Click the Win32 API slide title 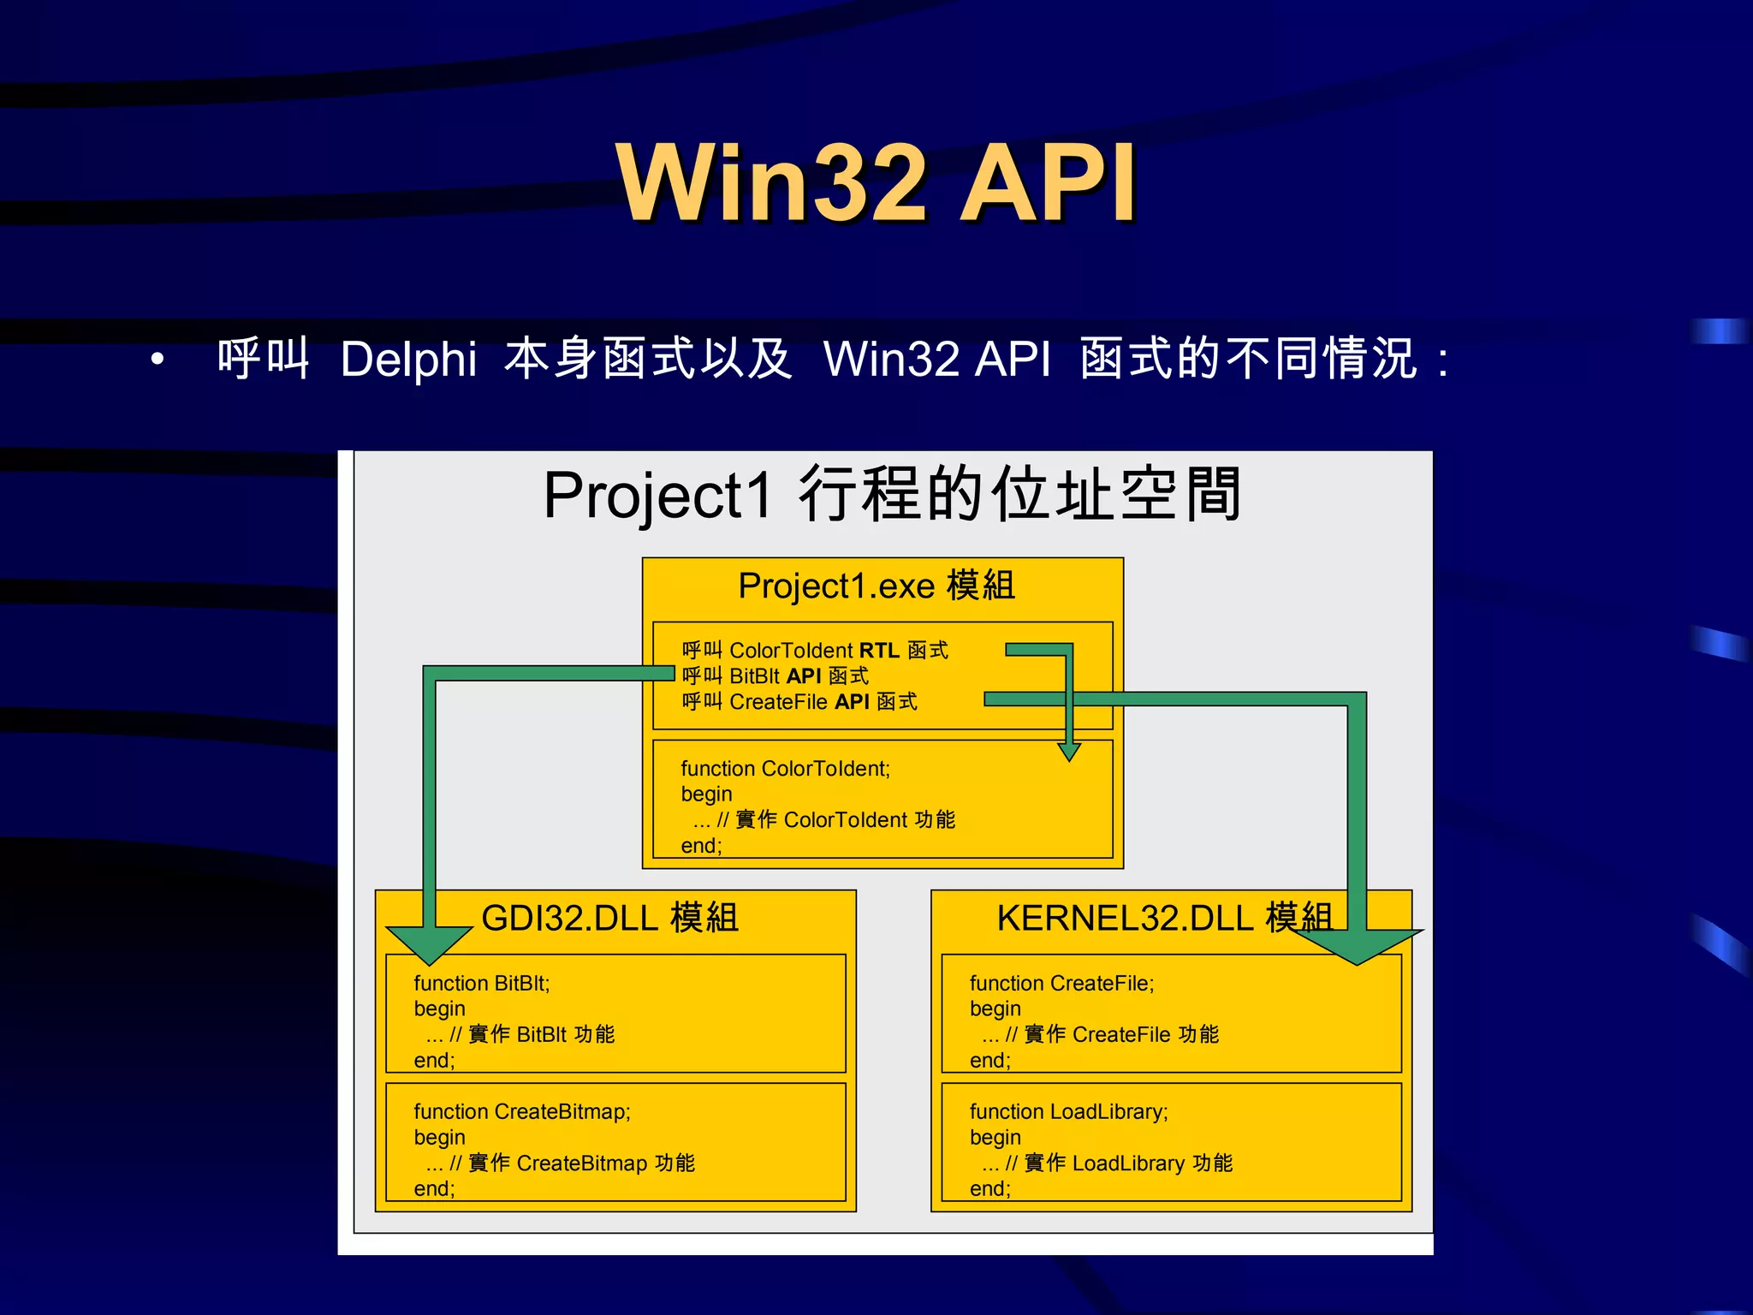(876, 182)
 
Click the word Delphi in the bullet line (408, 359)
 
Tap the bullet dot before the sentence (157, 360)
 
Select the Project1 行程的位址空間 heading (892, 495)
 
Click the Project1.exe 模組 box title (876, 586)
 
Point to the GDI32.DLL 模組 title (609, 918)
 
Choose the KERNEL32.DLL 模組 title (1164, 918)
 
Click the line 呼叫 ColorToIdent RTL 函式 (814, 651)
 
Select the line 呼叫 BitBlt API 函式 (775, 676)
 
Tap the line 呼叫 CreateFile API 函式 (799, 702)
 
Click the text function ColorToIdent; (785, 769)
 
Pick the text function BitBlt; (481, 983)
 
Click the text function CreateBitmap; (521, 1111)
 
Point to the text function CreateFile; (1061, 983)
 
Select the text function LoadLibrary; (1068, 1111)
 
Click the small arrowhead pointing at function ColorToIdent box (1069, 752)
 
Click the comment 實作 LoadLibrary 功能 (1127, 1163)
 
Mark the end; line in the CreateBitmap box (434, 1188)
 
